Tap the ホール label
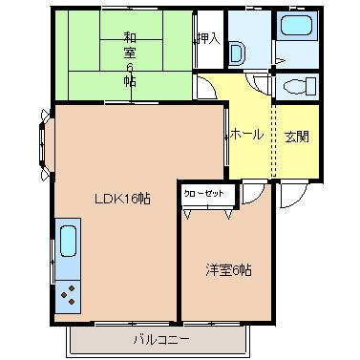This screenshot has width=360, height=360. pyautogui.click(x=246, y=136)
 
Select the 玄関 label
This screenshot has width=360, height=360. pyautogui.click(x=295, y=136)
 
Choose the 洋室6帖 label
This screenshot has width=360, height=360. pyautogui.click(x=230, y=270)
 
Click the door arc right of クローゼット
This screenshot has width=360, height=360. pyautogui.click(x=252, y=195)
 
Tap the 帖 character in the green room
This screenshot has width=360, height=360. pyautogui.click(x=128, y=82)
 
